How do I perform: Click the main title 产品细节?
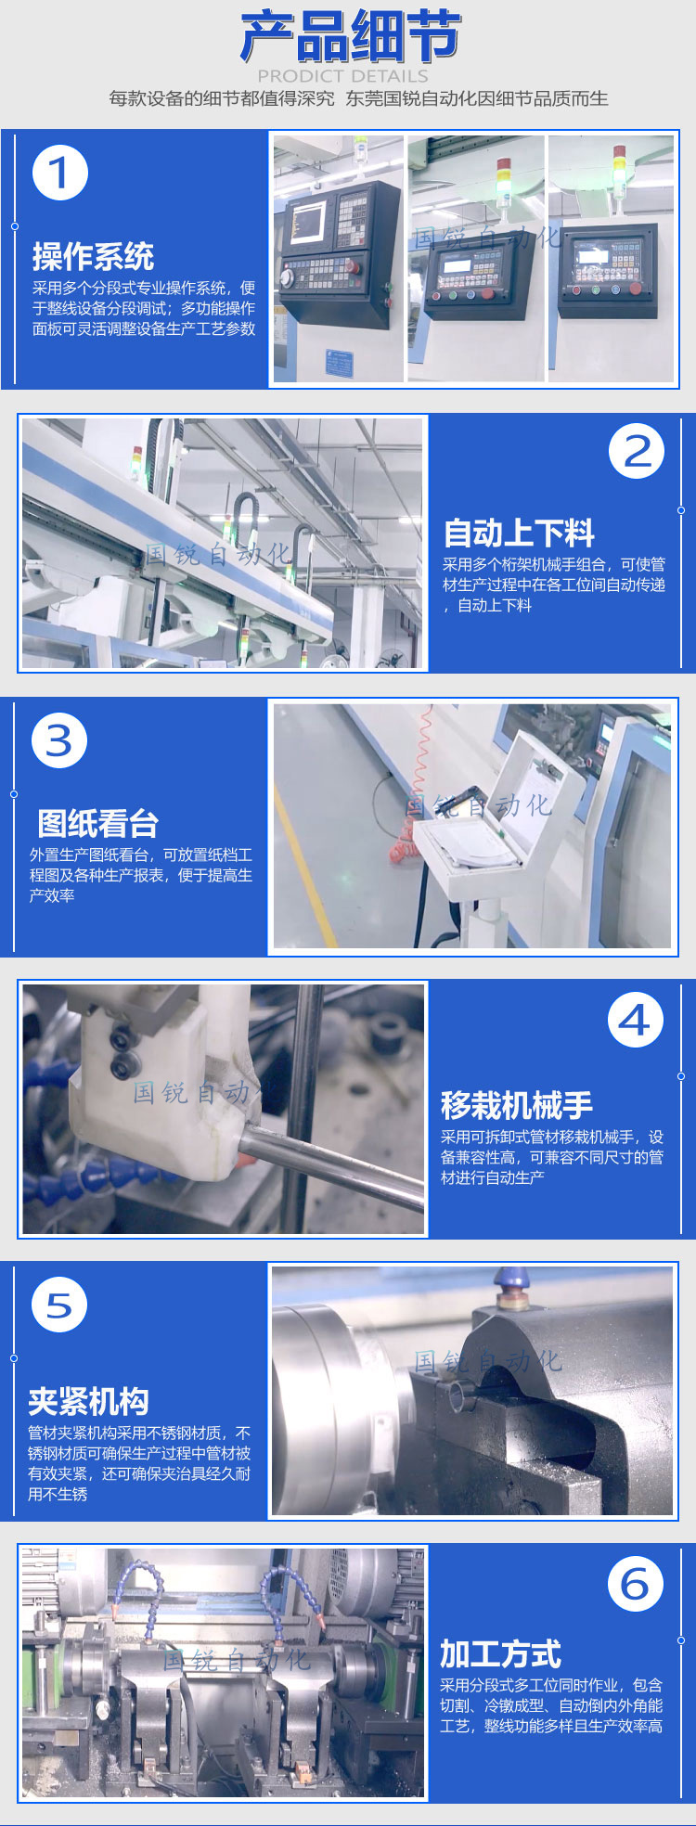click(350, 38)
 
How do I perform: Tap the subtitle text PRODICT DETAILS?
click(342, 76)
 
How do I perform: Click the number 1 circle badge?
click(60, 173)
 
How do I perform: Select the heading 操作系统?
click(93, 256)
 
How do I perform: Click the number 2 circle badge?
click(637, 452)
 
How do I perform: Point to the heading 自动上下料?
click(519, 534)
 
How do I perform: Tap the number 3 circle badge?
click(59, 740)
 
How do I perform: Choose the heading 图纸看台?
click(97, 823)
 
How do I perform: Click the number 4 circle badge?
click(636, 1021)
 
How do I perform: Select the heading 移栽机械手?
click(516, 1105)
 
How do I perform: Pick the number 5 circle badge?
click(59, 1305)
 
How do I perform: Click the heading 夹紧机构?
click(88, 1401)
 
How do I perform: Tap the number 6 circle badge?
click(636, 1584)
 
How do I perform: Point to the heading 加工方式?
click(500, 1653)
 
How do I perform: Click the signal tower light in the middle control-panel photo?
click(504, 181)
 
